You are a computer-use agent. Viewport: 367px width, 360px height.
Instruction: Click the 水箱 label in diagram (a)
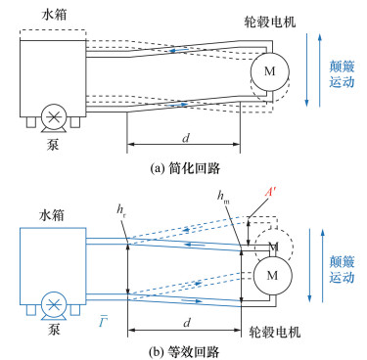tap(55, 15)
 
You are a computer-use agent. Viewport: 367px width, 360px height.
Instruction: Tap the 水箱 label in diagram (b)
tap(52, 215)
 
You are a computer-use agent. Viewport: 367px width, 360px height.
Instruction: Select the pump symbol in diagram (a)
tap(54, 118)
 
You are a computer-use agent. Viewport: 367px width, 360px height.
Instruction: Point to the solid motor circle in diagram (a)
tap(270, 71)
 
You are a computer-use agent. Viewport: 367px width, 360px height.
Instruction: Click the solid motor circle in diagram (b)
tap(273, 275)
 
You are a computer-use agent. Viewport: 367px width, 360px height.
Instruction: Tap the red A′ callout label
tap(270, 193)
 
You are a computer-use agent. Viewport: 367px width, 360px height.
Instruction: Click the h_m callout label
tap(223, 197)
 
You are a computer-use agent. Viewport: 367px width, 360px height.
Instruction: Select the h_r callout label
tap(122, 210)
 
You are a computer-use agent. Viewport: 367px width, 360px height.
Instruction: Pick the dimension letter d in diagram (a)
tap(186, 138)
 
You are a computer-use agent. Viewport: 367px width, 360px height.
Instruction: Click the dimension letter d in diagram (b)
tap(187, 323)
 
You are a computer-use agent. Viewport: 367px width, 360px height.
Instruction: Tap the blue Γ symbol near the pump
tap(104, 322)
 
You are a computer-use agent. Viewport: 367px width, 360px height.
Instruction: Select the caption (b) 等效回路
tap(184, 352)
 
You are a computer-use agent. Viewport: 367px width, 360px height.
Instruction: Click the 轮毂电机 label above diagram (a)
tap(270, 22)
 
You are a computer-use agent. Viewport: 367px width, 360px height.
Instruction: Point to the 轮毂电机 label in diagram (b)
tap(275, 333)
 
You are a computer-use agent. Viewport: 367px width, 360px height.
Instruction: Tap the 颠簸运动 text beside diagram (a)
tap(342, 74)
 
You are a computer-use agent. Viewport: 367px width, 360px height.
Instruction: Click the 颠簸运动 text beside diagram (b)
tap(342, 270)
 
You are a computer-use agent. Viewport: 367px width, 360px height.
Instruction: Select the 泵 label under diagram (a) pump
tap(53, 145)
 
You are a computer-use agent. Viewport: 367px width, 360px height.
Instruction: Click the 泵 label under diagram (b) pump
tap(54, 330)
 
